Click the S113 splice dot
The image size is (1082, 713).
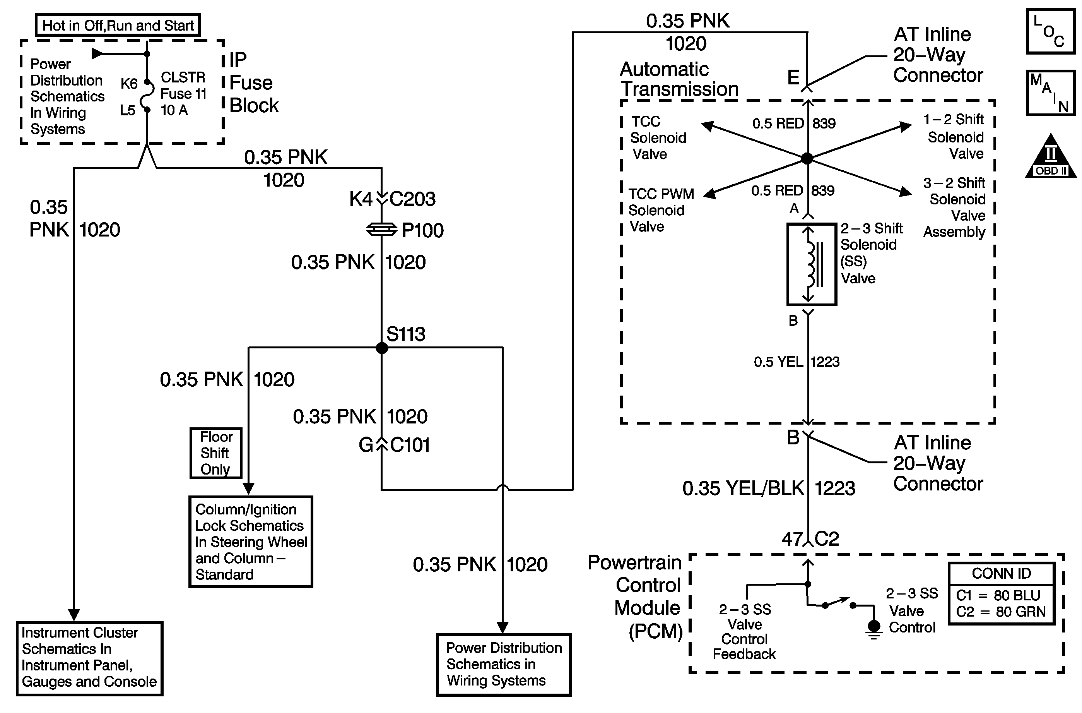click(382, 348)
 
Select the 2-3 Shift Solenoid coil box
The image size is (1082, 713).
click(812, 264)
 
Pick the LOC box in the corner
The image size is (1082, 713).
click(1051, 31)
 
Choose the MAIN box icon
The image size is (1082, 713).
click(1051, 93)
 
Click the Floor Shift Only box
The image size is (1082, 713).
click(216, 453)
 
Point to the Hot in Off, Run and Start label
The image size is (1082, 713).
click(118, 25)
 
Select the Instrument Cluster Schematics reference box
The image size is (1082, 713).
click(90, 658)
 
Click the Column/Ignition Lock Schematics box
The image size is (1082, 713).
click(251, 542)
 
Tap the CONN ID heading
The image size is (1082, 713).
click(1001, 574)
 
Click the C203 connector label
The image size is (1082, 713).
click(412, 199)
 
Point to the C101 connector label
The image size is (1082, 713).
click(410, 444)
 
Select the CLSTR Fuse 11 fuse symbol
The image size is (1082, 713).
click(147, 96)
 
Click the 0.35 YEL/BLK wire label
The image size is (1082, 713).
click(743, 488)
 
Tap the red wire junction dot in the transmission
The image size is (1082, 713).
click(807, 158)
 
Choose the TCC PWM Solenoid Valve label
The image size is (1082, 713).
click(661, 210)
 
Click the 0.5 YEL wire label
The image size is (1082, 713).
click(778, 362)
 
